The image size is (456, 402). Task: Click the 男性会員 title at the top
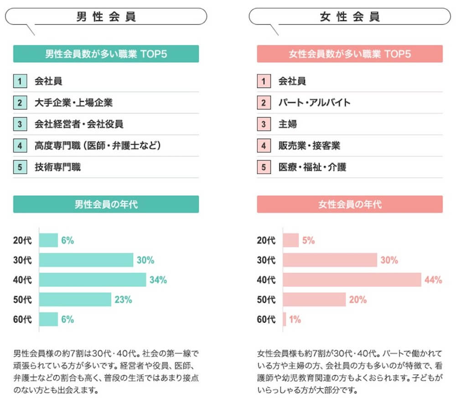coord(106,17)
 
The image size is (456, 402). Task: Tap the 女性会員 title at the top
coord(350,17)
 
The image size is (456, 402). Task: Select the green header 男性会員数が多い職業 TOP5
coord(106,54)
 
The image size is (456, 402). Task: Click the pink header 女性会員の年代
coord(350,204)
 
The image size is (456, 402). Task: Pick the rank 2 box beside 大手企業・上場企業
coord(20,103)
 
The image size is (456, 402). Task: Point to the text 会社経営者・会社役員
coord(79,124)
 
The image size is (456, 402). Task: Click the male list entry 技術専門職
coord(57,167)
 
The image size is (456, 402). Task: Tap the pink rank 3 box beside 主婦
coord(264,124)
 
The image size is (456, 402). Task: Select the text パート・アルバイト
coord(314,103)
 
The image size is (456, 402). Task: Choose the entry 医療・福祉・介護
coord(312,167)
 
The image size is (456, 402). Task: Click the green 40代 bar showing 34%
coord(93,280)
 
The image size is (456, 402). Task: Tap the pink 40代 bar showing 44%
coord(352,280)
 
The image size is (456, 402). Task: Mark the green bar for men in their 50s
coord(75,299)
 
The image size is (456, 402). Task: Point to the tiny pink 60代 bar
coord(285,319)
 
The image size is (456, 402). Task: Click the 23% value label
coord(124,300)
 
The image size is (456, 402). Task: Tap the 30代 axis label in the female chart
coord(266,260)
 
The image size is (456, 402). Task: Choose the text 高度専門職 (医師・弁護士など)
coord(98,146)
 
